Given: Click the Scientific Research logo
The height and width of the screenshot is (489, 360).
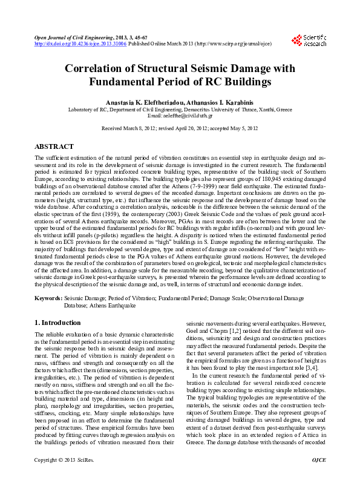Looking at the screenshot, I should tap(309, 41).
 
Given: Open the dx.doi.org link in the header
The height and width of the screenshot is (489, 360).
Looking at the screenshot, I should tap(80, 44).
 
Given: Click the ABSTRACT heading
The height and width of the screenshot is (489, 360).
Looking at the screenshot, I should tap(54, 146).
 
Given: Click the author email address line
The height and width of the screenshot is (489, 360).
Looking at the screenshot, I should tap(180, 115).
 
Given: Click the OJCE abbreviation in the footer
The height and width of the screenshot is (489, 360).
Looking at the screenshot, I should tap(318, 477).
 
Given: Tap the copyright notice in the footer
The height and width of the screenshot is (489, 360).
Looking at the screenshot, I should tap(58, 477).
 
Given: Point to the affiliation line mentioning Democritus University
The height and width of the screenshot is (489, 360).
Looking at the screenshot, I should tap(180, 109).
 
